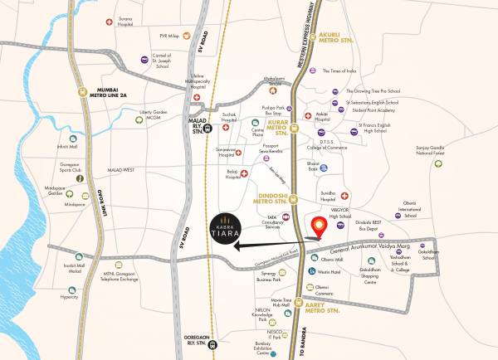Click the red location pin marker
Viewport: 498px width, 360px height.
click(x=316, y=225)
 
